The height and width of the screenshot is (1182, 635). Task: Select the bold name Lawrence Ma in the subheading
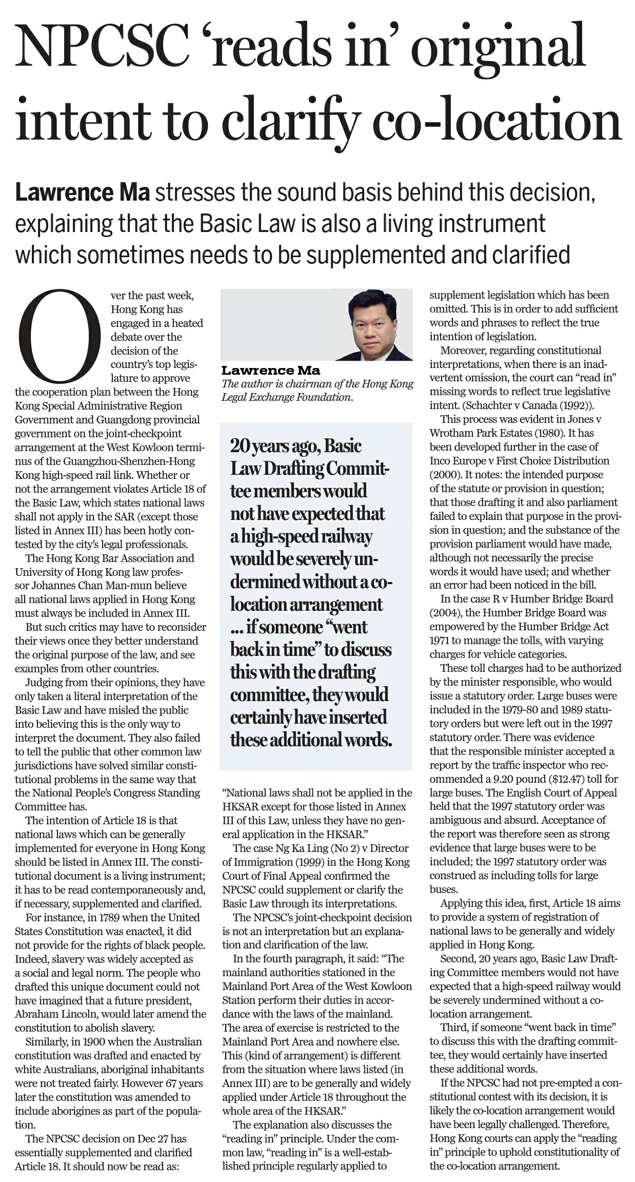click(x=82, y=192)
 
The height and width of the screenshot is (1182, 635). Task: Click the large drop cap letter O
click(x=60, y=337)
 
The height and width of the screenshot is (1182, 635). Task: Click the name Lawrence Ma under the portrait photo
click(x=271, y=370)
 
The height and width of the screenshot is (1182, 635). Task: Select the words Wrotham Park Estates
click(x=481, y=433)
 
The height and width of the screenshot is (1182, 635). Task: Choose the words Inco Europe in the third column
click(x=457, y=460)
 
